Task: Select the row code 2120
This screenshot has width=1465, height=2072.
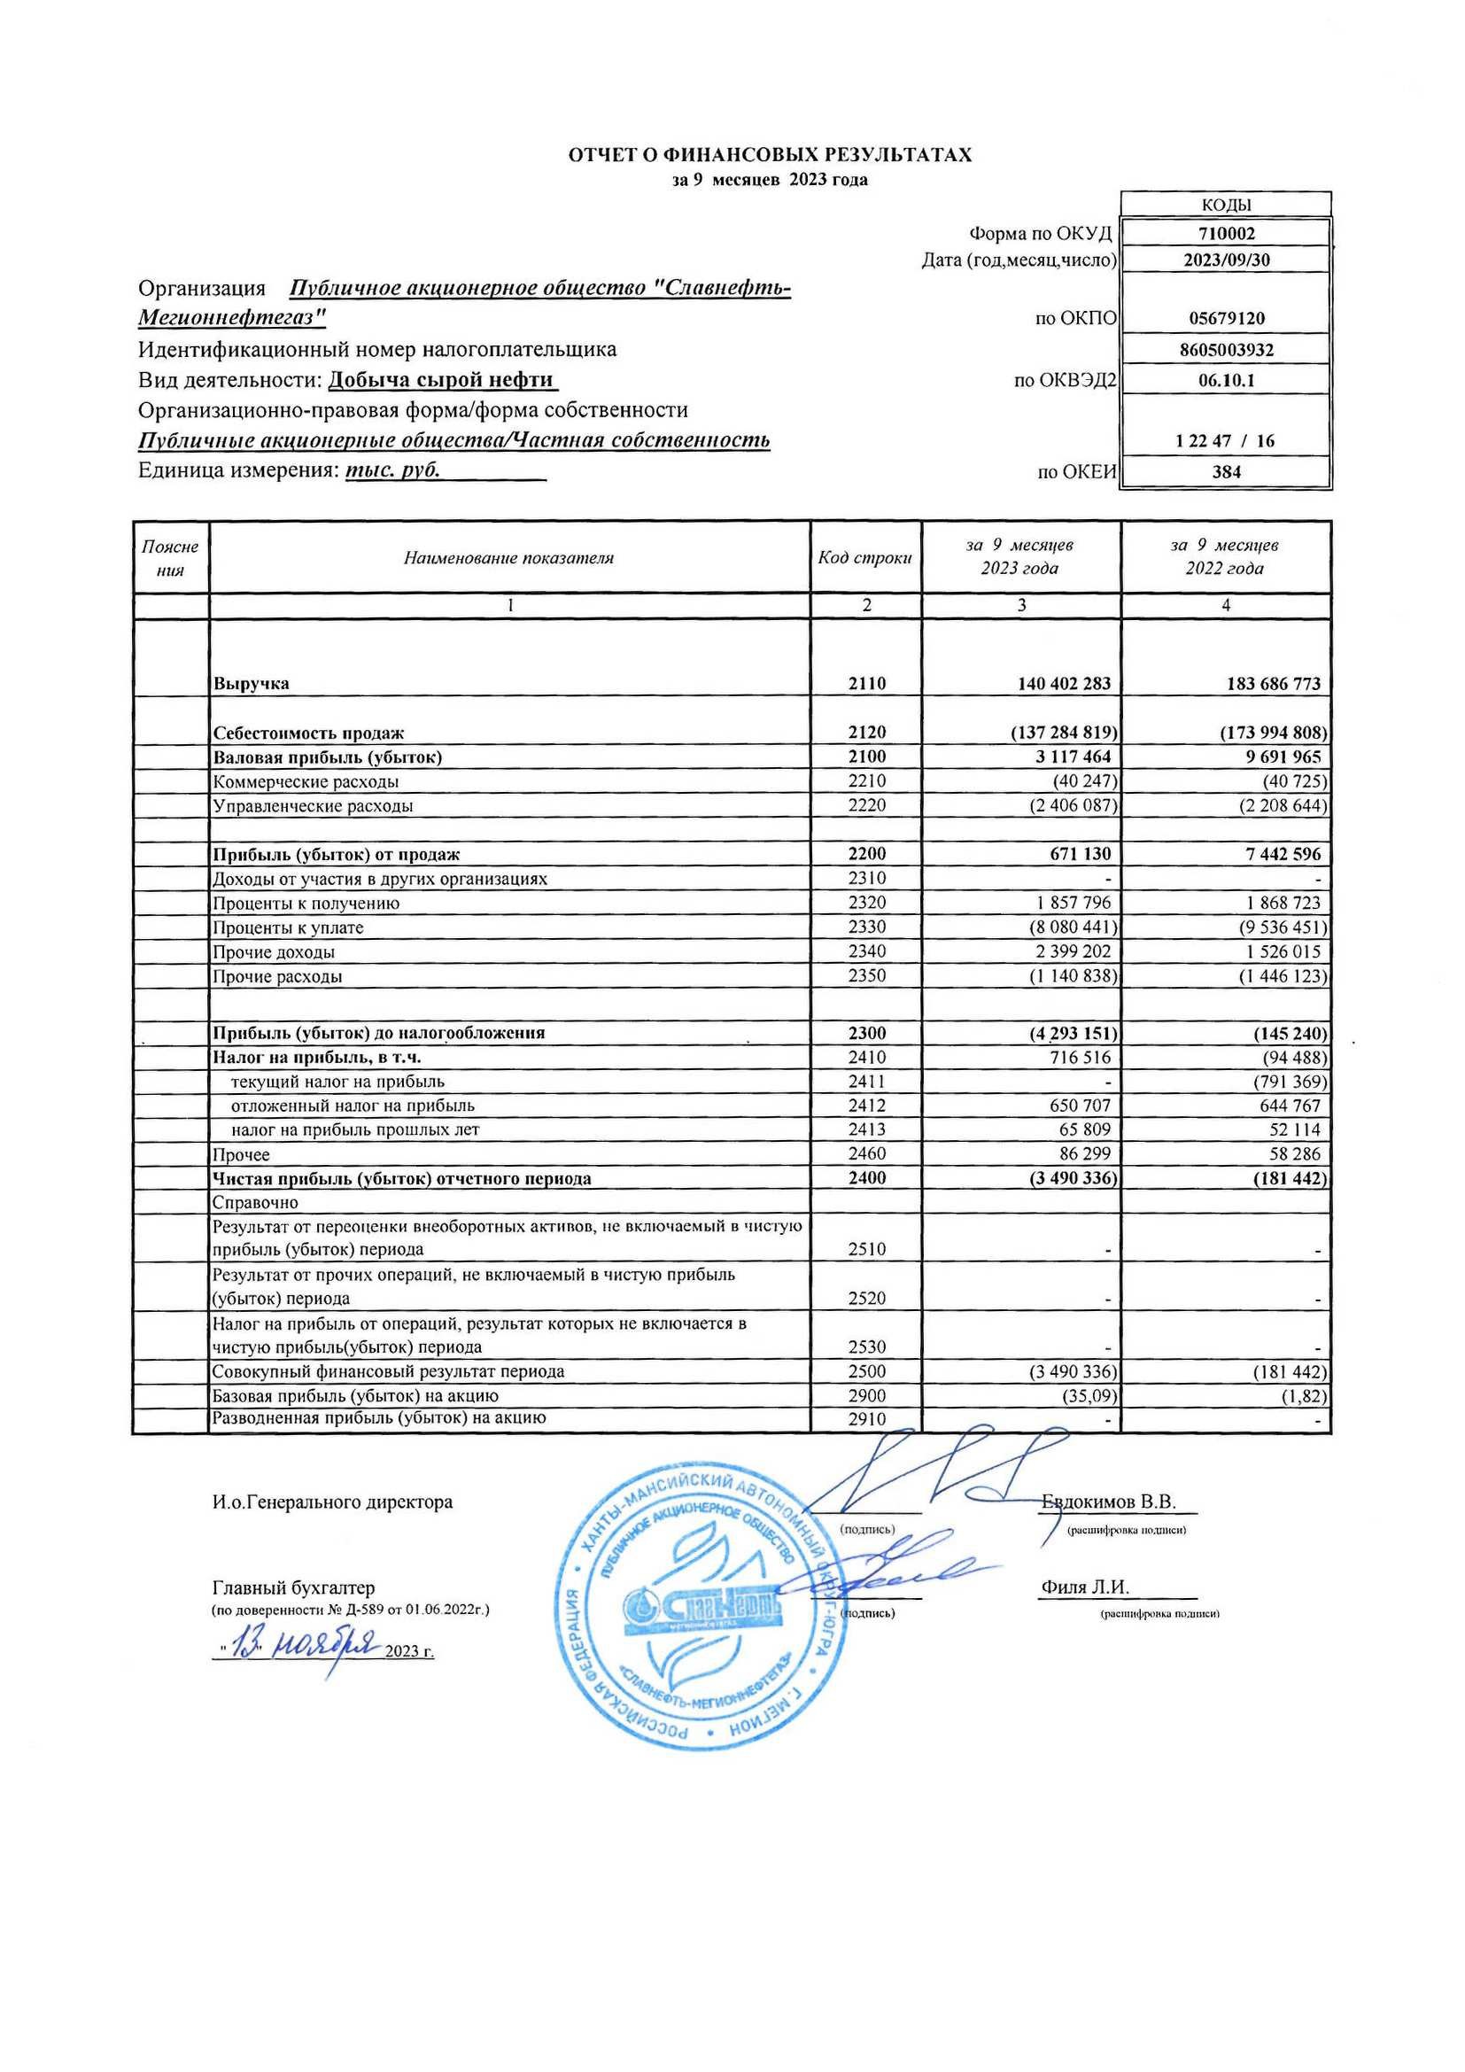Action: coord(867,732)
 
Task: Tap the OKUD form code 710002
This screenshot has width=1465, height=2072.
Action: coord(1226,233)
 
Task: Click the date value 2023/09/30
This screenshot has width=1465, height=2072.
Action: coord(1226,260)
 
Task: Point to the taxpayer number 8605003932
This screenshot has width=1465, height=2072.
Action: coord(1226,349)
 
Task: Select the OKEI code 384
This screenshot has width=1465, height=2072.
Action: coord(1226,471)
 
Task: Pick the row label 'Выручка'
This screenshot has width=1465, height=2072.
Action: coord(251,683)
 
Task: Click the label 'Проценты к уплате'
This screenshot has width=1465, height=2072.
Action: coord(288,927)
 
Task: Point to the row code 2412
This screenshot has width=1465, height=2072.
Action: coord(867,1105)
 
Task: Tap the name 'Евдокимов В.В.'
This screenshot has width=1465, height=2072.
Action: coord(1109,1502)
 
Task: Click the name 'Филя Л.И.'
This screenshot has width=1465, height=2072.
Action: coord(1085,1587)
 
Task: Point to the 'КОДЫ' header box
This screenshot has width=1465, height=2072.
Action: coord(1226,205)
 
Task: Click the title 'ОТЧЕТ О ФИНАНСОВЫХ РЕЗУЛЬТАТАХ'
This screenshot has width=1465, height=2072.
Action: coord(770,154)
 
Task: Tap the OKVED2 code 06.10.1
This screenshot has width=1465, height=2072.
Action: coord(1226,380)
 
